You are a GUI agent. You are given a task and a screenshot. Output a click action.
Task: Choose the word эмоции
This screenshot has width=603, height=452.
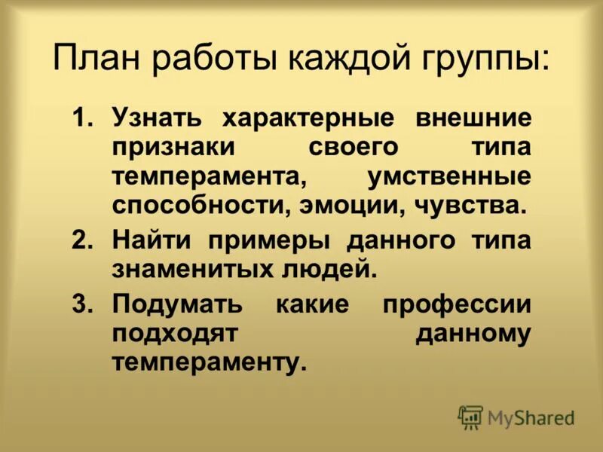(338, 204)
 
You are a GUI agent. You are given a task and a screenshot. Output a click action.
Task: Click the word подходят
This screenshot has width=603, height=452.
(175, 333)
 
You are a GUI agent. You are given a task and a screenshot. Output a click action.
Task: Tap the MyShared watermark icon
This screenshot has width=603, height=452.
(471, 417)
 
